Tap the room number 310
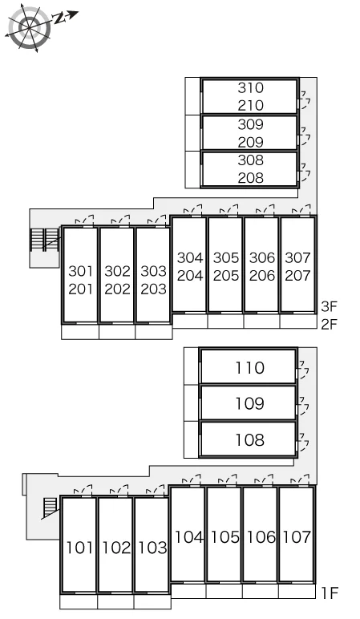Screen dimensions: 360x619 coord(251,87)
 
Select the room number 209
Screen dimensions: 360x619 coord(251,142)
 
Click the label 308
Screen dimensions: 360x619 coord(251,160)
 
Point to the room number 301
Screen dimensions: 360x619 coord(80,271)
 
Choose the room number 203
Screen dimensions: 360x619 coord(154,289)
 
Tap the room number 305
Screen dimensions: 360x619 coord(226,258)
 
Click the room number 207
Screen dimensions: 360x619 coord(298,276)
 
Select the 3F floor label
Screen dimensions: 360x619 coord(330,306)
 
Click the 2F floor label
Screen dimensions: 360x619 coord(330,324)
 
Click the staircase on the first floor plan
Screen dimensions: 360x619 coord(51,508)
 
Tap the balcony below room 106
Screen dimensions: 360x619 coord(260,592)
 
